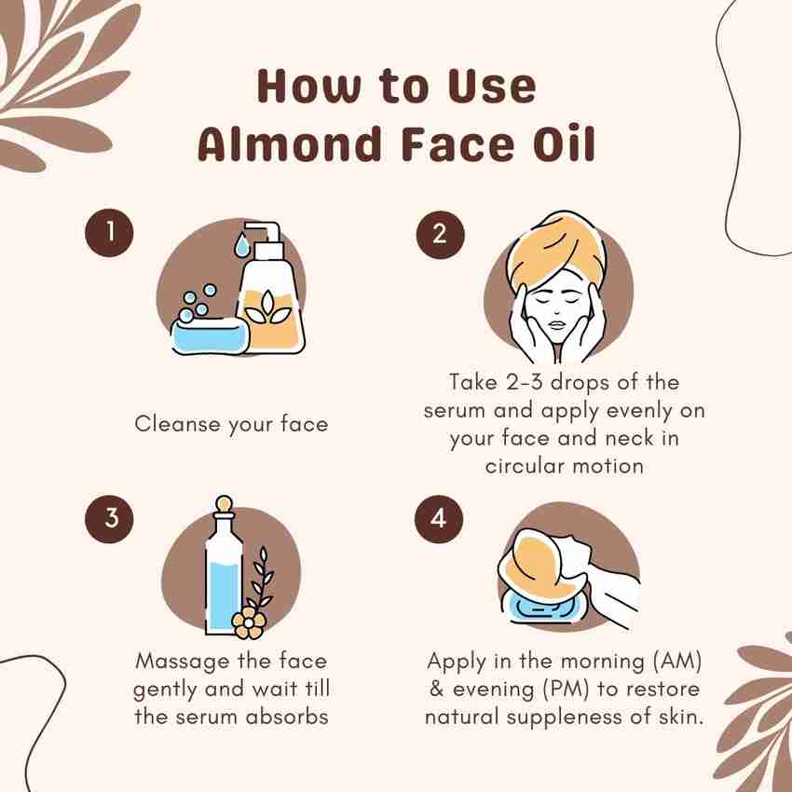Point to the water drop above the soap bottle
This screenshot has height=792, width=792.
241,245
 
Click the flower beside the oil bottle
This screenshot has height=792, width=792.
248,621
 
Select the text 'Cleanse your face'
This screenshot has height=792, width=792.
231,424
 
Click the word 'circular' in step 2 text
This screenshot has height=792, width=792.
525,466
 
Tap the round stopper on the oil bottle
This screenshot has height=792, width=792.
223,503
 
